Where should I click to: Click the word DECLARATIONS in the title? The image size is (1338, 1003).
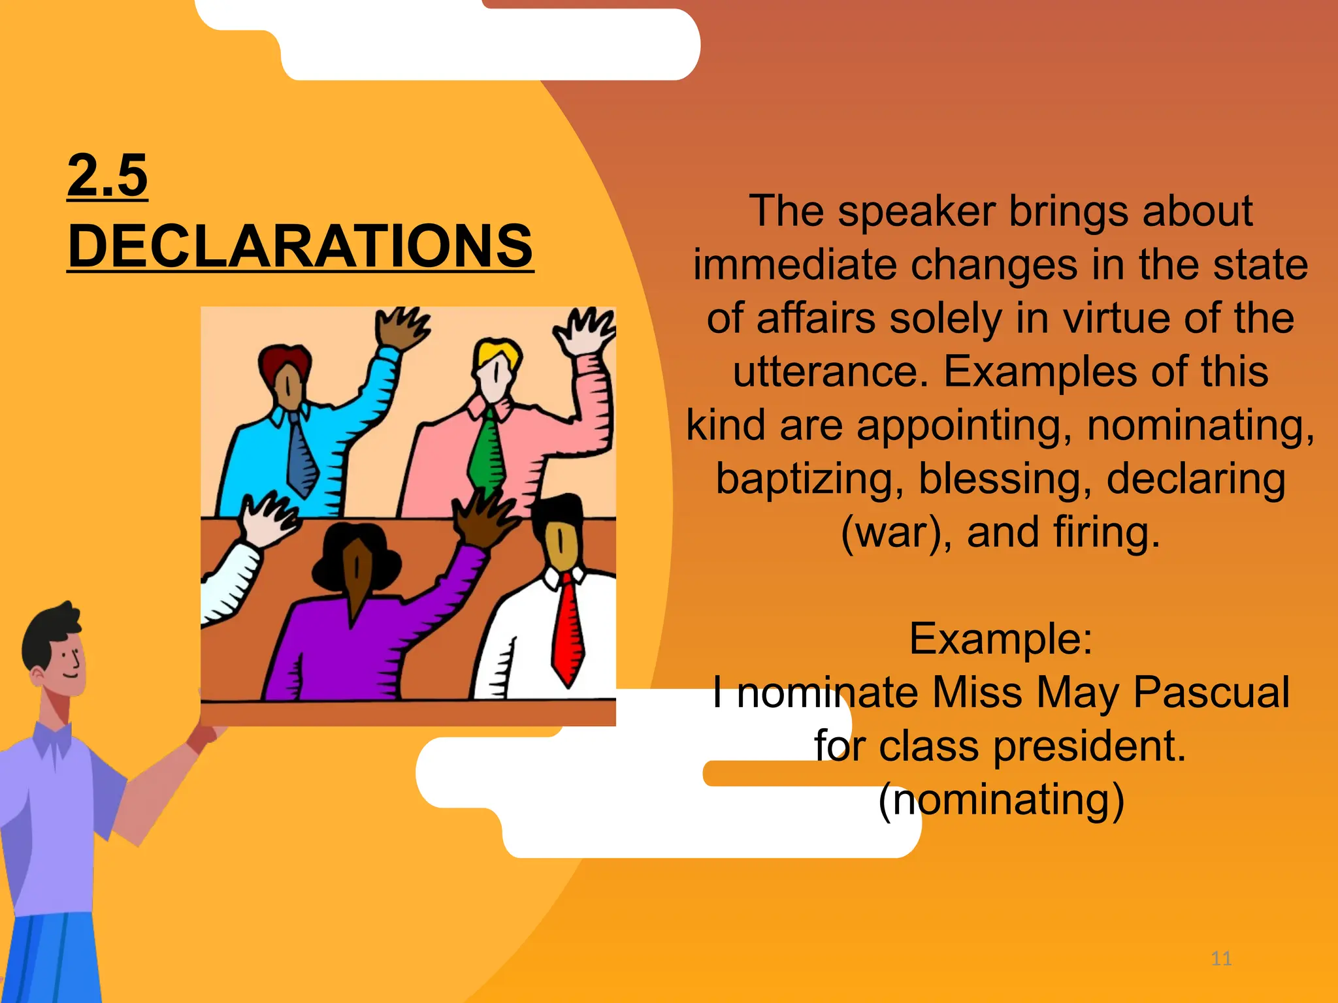pos(301,246)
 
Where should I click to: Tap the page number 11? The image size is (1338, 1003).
pos(1221,959)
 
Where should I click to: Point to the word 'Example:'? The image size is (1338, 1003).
pos(1000,639)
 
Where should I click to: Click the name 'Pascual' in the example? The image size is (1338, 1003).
pos(1211,692)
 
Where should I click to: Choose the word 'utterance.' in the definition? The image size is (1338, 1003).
pos(830,372)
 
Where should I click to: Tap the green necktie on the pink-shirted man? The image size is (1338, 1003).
pos(487,451)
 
